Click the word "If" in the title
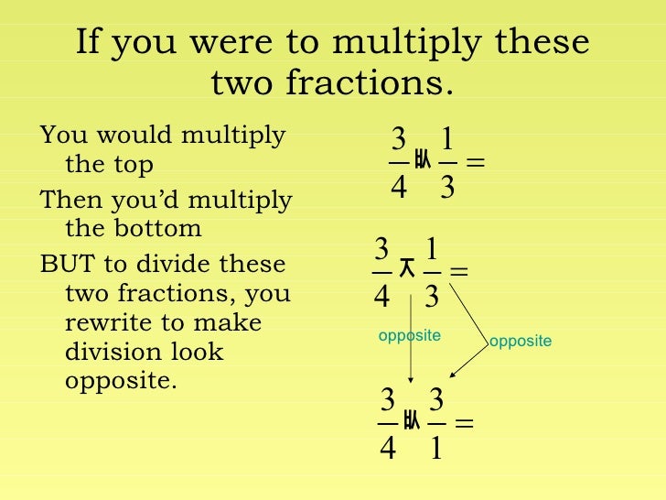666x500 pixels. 88,44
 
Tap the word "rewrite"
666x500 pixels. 104,323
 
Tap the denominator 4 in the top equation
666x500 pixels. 399,190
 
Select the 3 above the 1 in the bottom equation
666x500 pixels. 435,401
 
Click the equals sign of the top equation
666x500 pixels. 475,163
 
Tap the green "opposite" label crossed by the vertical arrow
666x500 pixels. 409,336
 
